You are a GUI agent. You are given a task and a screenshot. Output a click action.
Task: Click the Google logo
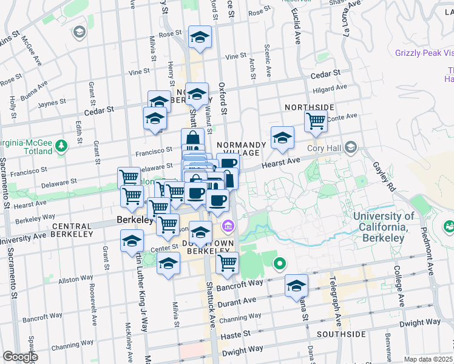click(20, 357)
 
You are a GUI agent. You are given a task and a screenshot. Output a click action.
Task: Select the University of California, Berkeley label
click(384, 227)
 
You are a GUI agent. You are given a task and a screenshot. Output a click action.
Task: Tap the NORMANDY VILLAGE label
click(242, 149)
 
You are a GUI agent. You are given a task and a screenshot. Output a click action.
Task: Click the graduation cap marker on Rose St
click(199, 37)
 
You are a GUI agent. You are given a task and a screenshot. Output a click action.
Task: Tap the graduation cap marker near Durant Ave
click(296, 286)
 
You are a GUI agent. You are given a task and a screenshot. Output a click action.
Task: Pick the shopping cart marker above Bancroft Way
click(227, 263)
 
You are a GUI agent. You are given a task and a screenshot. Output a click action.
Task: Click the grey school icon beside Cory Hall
click(350, 147)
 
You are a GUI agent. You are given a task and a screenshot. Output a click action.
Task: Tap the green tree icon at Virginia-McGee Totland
click(61, 146)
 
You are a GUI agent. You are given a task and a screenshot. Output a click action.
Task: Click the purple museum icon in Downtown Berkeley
click(228, 227)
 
